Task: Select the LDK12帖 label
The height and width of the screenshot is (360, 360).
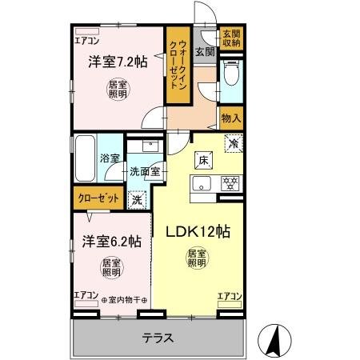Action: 198,233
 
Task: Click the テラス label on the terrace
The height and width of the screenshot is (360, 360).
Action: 158,337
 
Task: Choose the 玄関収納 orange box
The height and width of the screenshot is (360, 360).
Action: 231,38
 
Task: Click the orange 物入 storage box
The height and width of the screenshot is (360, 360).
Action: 231,117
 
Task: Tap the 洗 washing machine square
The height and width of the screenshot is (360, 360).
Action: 138,200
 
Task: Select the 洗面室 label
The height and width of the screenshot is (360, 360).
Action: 146,170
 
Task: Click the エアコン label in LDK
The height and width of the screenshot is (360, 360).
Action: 229,297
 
